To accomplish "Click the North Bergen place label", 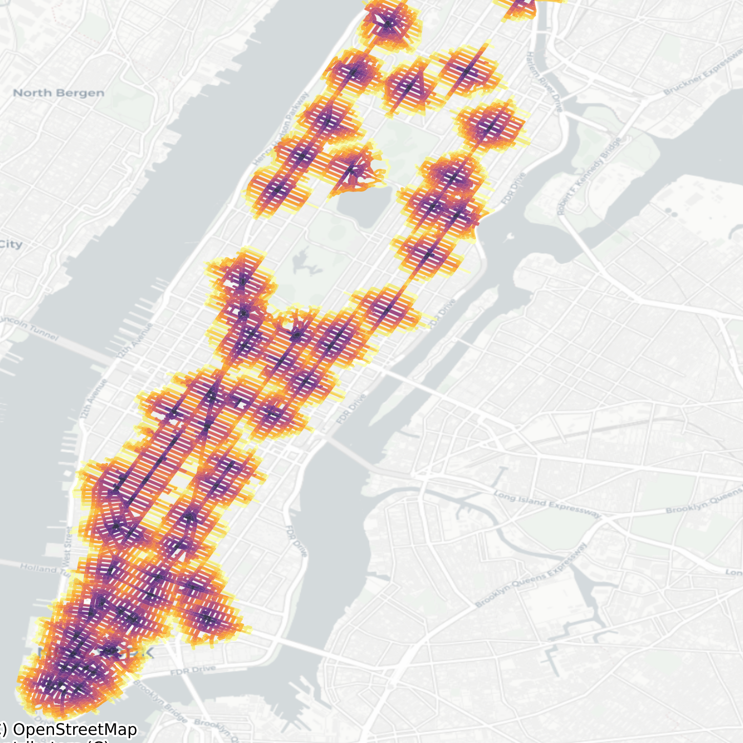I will [58, 93].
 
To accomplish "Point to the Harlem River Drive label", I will [544, 82].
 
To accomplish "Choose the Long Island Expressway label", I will [547, 504].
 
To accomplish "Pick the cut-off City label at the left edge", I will [11, 245].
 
